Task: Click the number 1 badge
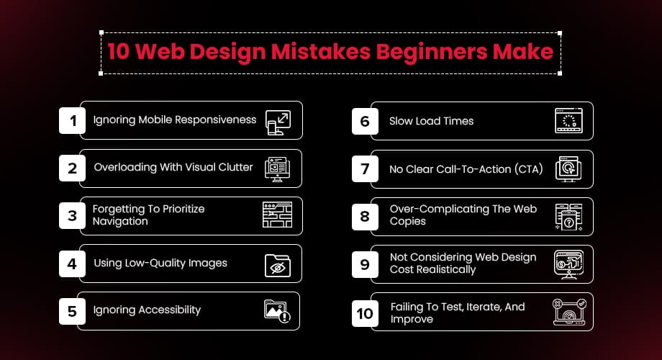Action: tap(72, 120)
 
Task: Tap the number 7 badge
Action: tap(365, 169)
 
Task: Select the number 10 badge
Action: tap(365, 313)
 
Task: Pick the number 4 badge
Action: tap(72, 264)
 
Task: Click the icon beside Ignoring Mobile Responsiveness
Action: tap(278, 122)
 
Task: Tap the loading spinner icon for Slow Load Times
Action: tap(568, 121)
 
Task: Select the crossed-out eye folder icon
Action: tap(277, 266)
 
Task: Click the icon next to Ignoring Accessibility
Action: tap(277, 311)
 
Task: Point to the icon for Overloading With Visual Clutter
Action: tap(277, 169)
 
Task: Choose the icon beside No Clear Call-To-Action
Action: tap(568, 169)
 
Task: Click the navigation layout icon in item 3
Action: tap(277, 215)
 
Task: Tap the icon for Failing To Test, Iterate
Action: tap(569, 312)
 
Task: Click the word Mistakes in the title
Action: tap(321, 52)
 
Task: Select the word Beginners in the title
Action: tap(432, 53)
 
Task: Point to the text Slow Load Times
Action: tap(431, 121)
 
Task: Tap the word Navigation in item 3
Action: tap(120, 222)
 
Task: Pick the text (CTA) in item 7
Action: tap(529, 169)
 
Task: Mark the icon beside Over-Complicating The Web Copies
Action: tap(568, 217)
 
